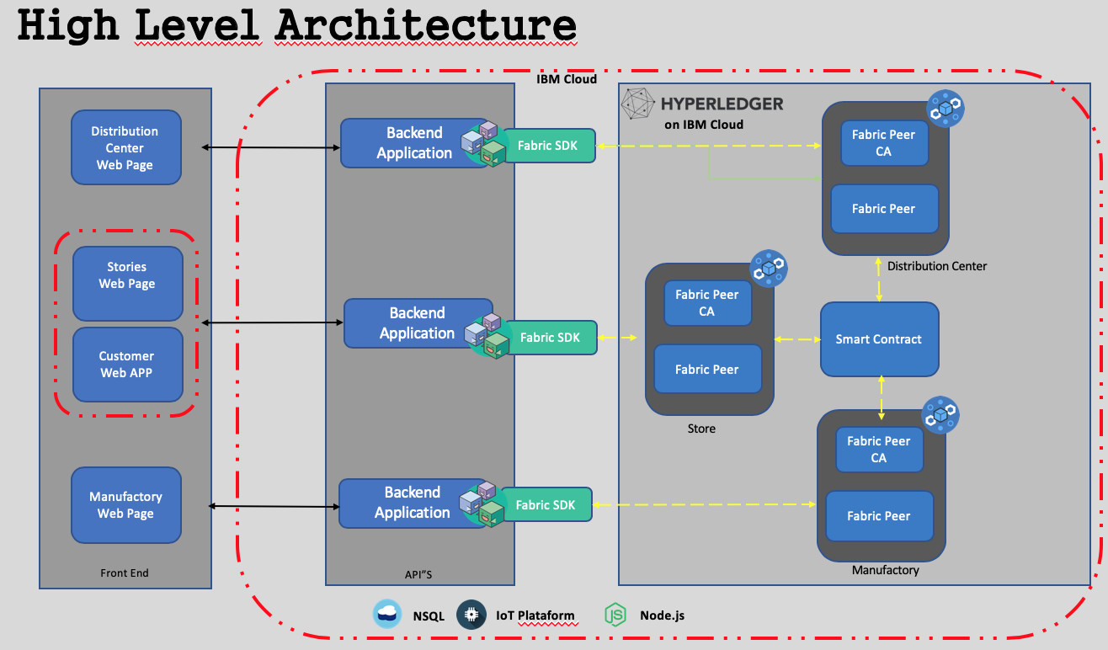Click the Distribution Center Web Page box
[126, 147]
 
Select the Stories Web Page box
[128, 284]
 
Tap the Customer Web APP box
[128, 365]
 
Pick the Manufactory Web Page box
[126, 505]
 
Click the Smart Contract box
[880, 339]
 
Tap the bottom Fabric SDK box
[546, 504]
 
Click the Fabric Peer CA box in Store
[707, 303]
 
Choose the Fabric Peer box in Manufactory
[879, 516]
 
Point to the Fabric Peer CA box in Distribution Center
[884, 143]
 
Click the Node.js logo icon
[615, 615]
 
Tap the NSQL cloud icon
[386, 614]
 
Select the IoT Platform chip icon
[471, 615]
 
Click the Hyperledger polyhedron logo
[637, 104]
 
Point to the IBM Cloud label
[567, 79]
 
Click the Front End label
[124, 573]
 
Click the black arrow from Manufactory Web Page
[274, 506]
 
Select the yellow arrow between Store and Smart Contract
[797, 339]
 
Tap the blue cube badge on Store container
[769, 269]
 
